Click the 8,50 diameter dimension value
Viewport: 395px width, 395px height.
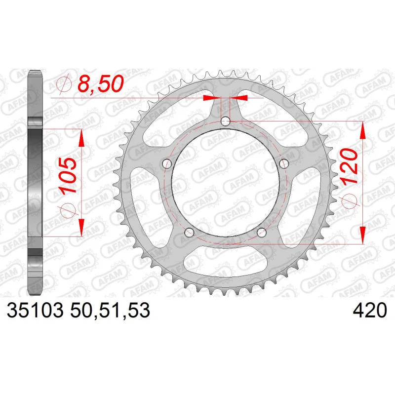pyautogui.click(x=101, y=83)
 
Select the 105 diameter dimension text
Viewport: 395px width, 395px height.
pyautogui.click(x=68, y=176)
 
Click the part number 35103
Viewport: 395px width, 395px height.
pyautogui.click(x=35, y=310)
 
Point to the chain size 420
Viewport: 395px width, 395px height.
pyautogui.click(x=369, y=310)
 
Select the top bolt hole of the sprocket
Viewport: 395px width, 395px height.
pyautogui.click(x=226, y=121)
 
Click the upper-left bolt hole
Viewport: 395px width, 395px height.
pyautogui.click(x=167, y=164)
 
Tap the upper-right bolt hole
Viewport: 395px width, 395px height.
pyautogui.click(x=284, y=163)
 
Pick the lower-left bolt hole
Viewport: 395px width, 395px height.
pyautogui.click(x=189, y=233)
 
